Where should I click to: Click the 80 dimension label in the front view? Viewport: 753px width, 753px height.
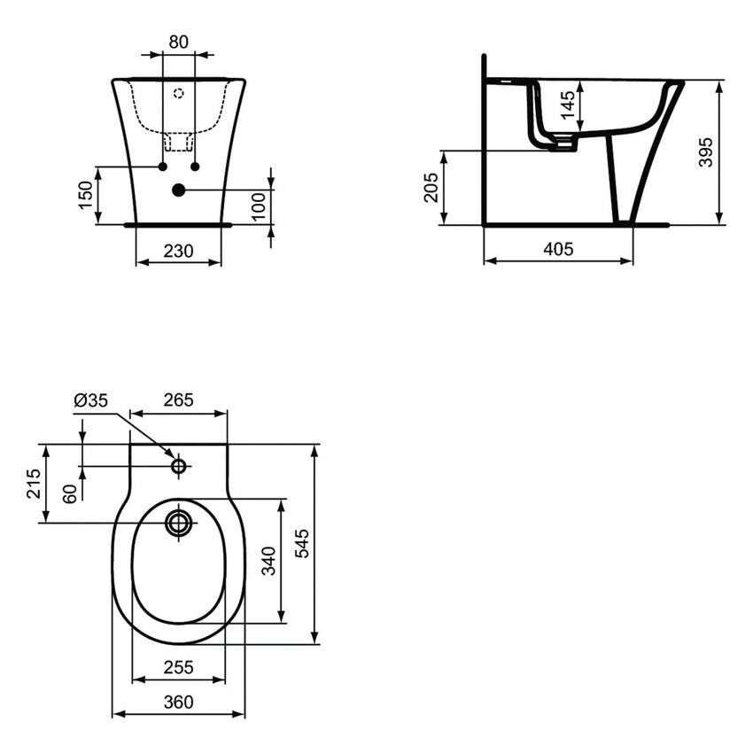(x=179, y=41)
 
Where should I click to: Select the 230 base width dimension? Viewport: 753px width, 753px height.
(x=179, y=251)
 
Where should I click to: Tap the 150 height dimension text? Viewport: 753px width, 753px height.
(x=85, y=195)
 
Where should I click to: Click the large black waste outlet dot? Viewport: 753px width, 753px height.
(x=179, y=190)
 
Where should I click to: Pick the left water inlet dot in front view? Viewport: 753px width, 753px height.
(x=163, y=167)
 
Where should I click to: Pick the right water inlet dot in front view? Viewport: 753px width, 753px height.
(x=195, y=167)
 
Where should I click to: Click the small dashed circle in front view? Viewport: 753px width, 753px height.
(x=178, y=92)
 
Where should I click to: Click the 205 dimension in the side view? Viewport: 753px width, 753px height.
(x=431, y=188)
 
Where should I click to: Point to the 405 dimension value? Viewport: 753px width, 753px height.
(x=557, y=249)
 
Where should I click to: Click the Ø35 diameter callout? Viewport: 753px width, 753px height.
(x=90, y=400)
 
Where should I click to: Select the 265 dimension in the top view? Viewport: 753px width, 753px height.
(x=178, y=400)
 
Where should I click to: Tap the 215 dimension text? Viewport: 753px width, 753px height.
(x=34, y=484)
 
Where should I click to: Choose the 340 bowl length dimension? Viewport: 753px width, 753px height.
(x=269, y=561)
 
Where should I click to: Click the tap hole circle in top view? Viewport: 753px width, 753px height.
(x=179, y=466)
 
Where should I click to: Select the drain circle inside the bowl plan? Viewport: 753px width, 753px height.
(x=179, y=523)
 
